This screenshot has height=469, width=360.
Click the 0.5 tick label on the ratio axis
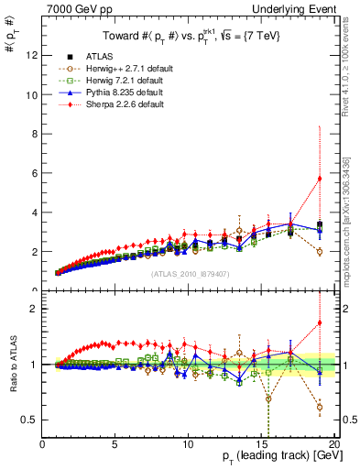click(x=29, y=420)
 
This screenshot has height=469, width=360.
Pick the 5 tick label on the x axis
click(x=115, y=443)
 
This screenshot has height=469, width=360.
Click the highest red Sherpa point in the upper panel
click(x=319, y=178)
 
